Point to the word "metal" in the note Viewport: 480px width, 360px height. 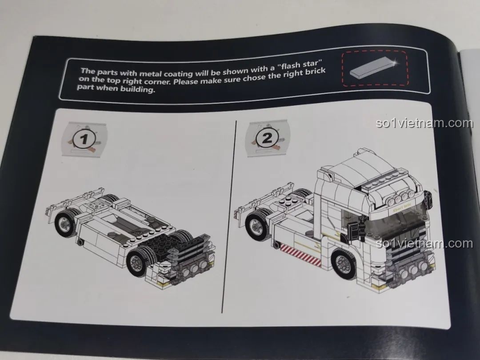coord(150,73)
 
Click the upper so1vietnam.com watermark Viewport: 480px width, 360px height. coord(424,123)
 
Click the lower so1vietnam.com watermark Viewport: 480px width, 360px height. coord(424,244)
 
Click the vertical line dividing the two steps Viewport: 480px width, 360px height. coord(229,216)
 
